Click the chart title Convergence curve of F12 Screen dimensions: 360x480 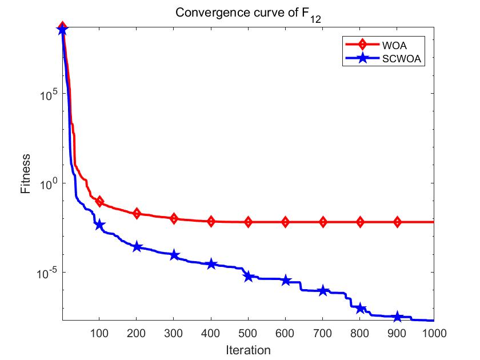[248, 13]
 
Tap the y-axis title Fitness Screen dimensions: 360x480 [26, 174]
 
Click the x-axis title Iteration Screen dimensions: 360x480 [247, 349]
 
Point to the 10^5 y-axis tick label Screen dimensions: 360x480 [46, 94]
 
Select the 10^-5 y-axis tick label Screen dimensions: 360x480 [45, 273]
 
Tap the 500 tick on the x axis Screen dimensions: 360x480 [248, 332]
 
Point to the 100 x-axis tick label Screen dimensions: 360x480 [99, 332]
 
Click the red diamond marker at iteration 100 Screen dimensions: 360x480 [99, 201]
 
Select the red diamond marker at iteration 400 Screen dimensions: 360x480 [211, 221]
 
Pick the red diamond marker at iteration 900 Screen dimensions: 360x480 [397, 222]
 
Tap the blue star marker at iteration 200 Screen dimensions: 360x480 [137, 247]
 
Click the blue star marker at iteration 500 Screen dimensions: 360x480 [248, 276]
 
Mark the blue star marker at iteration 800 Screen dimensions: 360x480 [360, 309]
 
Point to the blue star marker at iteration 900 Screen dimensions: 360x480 [397, 317]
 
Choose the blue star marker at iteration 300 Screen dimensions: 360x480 [174, 255]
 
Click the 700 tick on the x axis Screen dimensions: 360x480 [323, 332]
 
